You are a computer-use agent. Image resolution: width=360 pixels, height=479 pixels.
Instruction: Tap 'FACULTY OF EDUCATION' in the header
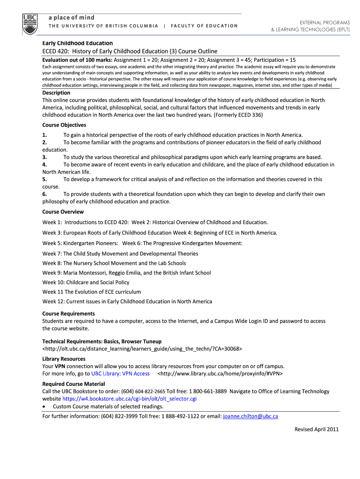pyautogui.click(x=204, y=26)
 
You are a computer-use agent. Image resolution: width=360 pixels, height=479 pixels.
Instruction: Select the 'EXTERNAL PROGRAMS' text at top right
pyautogui.click(x=324, y=22)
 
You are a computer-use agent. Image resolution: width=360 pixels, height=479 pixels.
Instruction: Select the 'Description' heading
pyautogui.click(x=56, y=93)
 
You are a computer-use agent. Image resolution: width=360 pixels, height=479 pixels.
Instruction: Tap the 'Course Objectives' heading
pyautogui.click(x=64, y=125)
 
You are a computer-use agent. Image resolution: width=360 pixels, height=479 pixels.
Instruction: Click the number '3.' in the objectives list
pyautogui.click(x=45, y=157)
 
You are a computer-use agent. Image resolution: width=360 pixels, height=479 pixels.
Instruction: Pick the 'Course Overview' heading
pyautogui.click(x=63, y=212)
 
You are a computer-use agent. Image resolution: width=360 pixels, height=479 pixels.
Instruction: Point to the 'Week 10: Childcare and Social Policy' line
pyautogui.click(x=86, y=282)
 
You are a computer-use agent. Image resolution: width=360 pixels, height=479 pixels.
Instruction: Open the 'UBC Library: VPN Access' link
pyautogui.click(x=120, y=374)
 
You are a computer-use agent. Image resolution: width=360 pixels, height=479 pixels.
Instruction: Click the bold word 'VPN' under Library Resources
pyautogui.click(x=60, y=366)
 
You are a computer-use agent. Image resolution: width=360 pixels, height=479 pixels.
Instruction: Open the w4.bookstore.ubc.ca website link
pyautogui.click(x=129, y=399)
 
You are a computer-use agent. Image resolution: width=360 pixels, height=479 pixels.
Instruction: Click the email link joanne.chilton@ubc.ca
pyautogui.click(x=251, y=416)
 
